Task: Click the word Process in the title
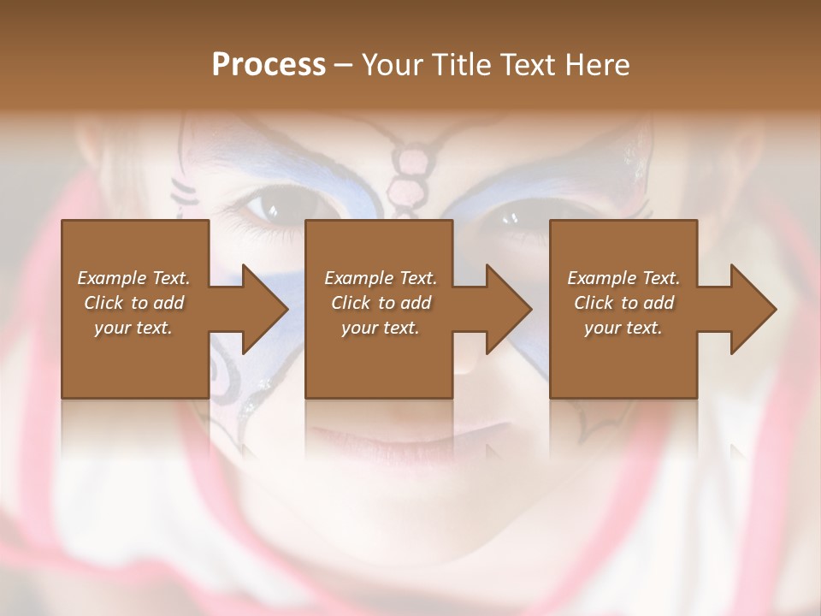click(x=269, y=64)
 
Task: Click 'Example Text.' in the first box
click(x=133, y=278)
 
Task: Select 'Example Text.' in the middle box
click(x=381, y=278)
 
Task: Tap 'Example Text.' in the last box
click(x=623, y=278)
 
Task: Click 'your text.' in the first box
click(x=133, y=328)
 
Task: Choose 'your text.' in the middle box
click(x=381, y=328)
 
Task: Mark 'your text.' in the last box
click(x=623, y=328)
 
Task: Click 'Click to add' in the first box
click(x=133, y=303)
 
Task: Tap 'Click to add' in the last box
click(x=623, y=303)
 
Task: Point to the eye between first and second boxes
click(x=272, y=208)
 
